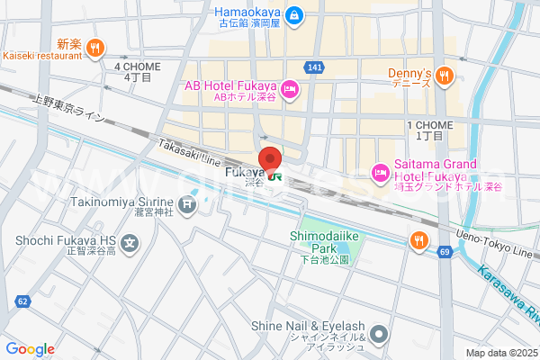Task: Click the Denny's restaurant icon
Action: click(444, 78)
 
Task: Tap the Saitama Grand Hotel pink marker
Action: click(380, 171)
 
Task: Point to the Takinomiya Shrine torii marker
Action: click(186, 205)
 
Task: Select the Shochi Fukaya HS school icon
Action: click(131, 241)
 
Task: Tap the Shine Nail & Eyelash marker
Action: click(379, 335)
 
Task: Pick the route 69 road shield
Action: click(445, 251)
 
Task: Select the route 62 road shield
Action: click(22, 301)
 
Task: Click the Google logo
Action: click(30, 349)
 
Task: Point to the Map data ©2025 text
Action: click(499, 353)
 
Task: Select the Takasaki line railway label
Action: click(188, 151)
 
